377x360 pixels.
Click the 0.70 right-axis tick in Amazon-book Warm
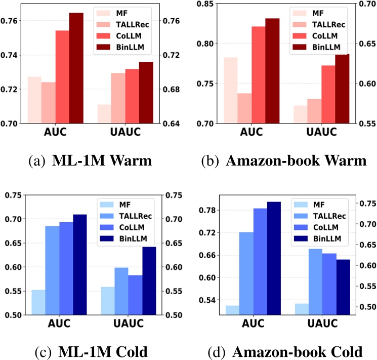366,5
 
